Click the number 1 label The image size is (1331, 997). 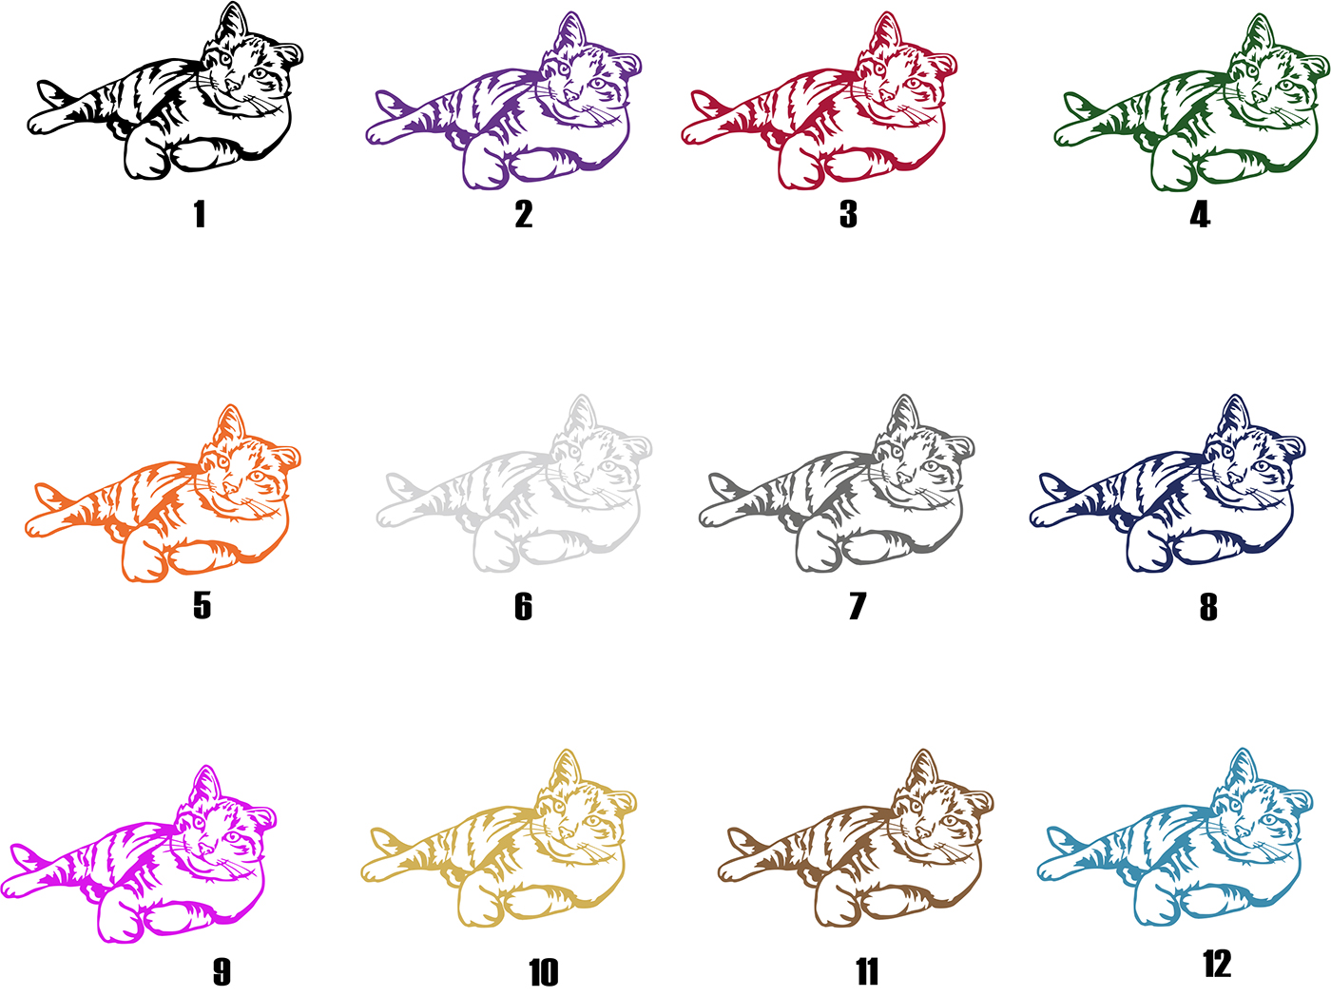200,214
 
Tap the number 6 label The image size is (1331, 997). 523,606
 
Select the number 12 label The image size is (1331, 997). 1217,963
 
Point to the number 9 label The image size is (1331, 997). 222,971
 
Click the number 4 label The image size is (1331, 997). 1200,214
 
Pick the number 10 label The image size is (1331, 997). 543,972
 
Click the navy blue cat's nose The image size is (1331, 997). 1235,477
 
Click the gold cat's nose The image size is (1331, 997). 566,831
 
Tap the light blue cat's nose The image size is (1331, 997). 1243,831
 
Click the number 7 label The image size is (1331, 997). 857,606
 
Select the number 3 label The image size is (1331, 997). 848,214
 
